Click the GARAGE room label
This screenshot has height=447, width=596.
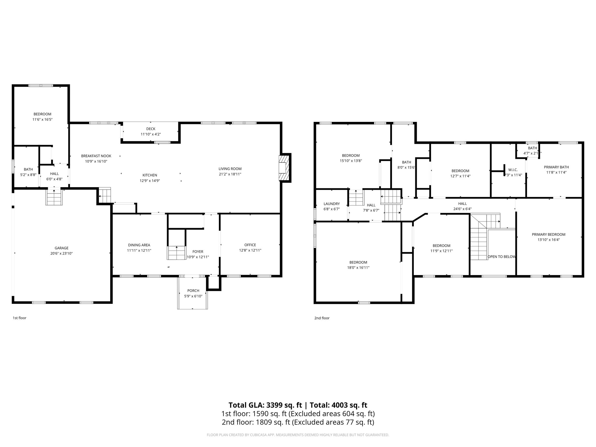tap(61, 248)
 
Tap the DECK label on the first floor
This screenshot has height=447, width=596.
tap(151, 129)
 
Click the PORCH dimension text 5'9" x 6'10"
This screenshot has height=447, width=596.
tap(193, 296)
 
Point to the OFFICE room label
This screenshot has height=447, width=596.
tap(250, 245)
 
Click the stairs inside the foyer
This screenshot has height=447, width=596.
tap(176, 253)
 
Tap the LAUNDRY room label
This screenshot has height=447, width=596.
tap(331, 204)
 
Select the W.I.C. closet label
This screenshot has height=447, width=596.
tap(513, 170)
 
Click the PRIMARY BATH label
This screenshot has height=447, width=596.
tap(556, 167)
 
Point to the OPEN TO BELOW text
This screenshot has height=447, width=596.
tap(501, 257)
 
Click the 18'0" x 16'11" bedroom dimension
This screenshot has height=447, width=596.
tap(358, 267)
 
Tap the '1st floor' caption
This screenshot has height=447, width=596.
tap(19, 318)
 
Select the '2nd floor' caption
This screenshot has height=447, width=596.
tap(322, 318)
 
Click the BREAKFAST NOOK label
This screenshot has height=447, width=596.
tap(96, 156)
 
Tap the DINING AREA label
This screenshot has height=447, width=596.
tap(139, 245)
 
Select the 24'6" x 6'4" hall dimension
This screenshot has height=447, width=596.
tap(462, 209)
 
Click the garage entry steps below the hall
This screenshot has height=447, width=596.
tap(54, 197)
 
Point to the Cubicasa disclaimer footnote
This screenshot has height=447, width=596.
tap(298, 435)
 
